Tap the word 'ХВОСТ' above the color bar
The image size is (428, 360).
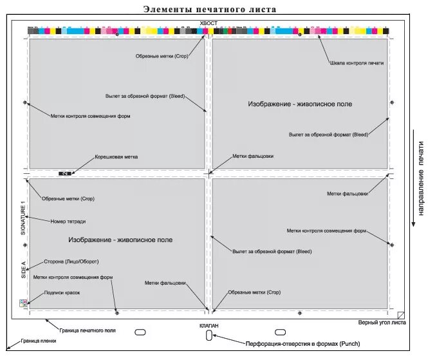coord(209,23)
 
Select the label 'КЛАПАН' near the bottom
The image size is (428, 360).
coord(209,326)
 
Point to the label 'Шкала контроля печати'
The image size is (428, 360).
coord(357,62)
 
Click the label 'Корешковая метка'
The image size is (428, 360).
coord(116,156)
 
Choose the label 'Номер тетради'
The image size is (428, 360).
coord(68,221)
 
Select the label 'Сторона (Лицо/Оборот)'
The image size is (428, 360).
coord(71,261)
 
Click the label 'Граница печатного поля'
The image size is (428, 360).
coord(88,330)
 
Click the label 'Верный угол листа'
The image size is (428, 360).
coord(382,322)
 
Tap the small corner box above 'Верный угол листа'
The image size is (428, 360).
coord(401,315)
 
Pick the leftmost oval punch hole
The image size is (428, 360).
coord(139,332)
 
